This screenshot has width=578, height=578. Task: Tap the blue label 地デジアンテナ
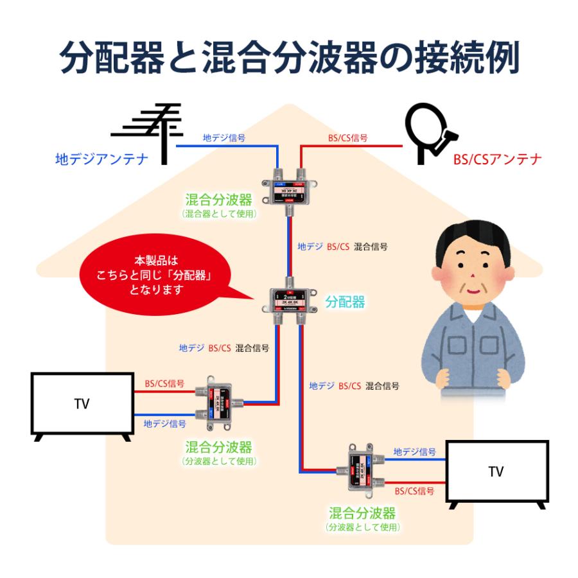click(101, 159)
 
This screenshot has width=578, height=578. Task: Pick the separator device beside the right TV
click(361, 470)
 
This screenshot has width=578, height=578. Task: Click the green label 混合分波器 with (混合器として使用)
click(218, 201)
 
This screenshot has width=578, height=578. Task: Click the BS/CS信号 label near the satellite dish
click(347, 137)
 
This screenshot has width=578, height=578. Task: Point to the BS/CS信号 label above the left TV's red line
click(164, 383)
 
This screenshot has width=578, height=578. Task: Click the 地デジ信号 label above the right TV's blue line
click(414, 452)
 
